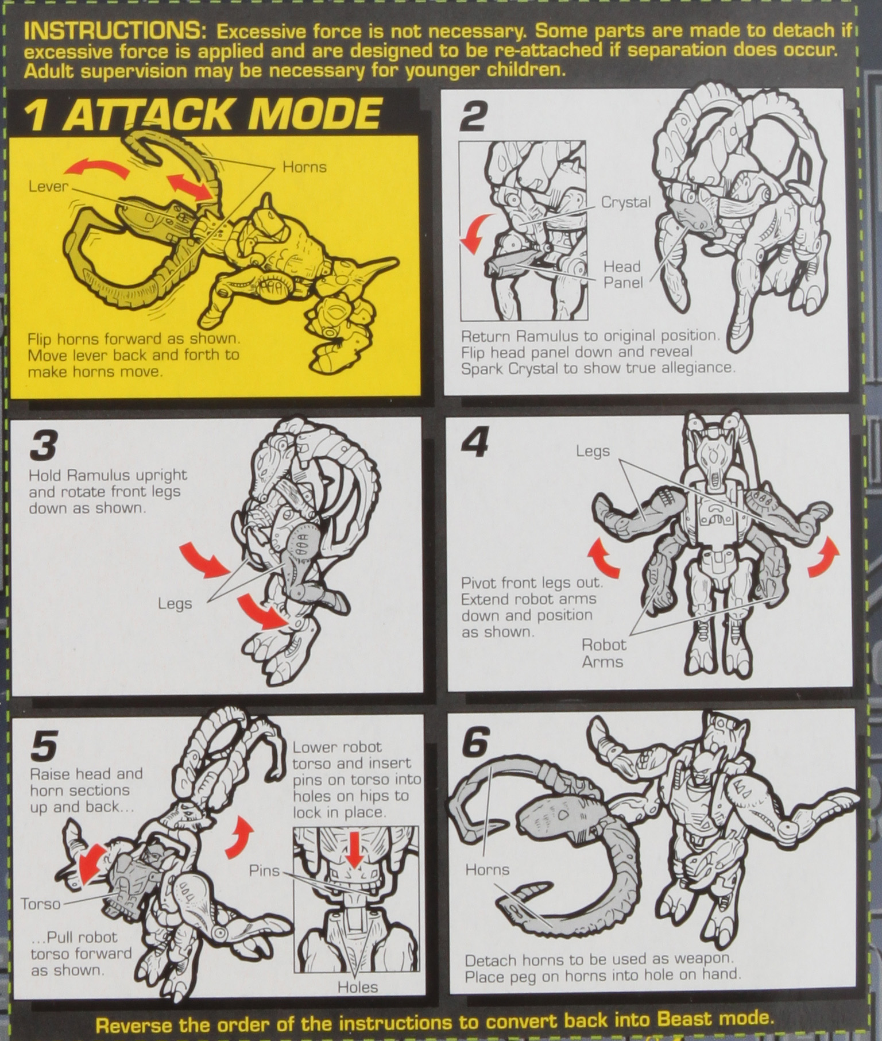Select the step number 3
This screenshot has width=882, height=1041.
coord(44,446)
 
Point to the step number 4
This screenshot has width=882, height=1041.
coord(475,444)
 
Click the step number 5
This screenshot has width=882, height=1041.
coord(44,745)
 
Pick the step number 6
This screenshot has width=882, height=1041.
coord(475,743)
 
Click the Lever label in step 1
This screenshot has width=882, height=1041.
coord(48,187)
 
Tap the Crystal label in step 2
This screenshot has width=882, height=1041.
coord(625,202)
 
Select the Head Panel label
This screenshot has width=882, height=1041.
coord(622,275)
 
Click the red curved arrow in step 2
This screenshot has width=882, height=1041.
coord(476,233)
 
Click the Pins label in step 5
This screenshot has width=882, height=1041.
coord(264,870)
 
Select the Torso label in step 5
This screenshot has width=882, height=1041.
coord(41,904)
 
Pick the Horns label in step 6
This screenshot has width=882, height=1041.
coord(487,869)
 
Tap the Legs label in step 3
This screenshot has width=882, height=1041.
coord(175,604)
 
